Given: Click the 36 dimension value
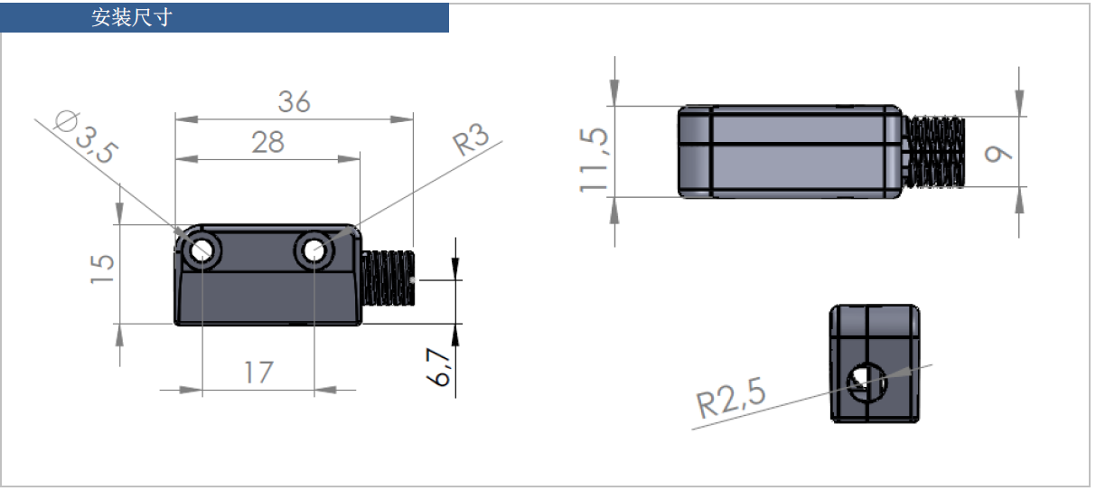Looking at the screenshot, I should (x=294, y=102).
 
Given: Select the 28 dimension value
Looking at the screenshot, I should (x=267, y=142).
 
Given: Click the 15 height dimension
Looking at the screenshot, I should (x=103, y=269).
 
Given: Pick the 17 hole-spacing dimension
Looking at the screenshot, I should (x=258, y=372).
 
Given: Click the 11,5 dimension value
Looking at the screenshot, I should (x=595, y=159).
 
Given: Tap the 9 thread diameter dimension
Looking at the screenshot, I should (x=999, y=154).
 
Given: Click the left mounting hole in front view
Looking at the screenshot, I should (x=201, y=251).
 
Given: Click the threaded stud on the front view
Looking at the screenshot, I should (x=389, y=279).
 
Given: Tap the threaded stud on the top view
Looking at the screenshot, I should (x=936, y=153).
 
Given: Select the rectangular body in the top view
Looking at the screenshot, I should (x=791, y=151).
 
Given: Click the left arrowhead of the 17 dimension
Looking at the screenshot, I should (x=191, y=391).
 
